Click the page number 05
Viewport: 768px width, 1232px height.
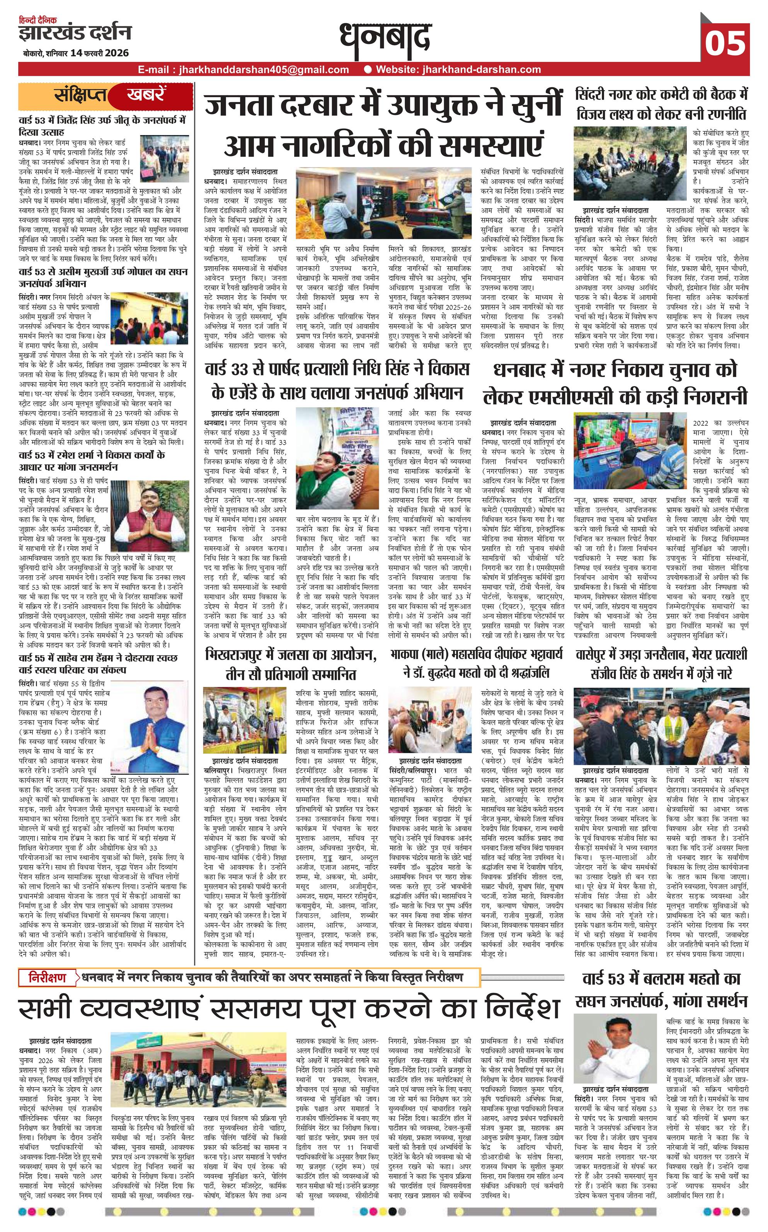point(726,42)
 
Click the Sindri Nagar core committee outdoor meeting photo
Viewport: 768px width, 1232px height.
point(630,163)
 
